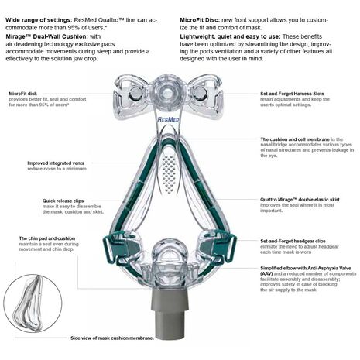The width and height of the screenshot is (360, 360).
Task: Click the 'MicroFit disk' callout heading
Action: tap(22, 94)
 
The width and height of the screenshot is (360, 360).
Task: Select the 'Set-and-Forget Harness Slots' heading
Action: tap(292, 94)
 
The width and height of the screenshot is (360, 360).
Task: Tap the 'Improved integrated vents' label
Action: tap(56, 163)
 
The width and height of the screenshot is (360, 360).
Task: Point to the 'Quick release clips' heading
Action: tap(63, 201)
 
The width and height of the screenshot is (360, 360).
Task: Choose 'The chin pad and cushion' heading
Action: tap(47, 238)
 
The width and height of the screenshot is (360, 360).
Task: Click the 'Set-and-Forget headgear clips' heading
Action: tap(293, 241)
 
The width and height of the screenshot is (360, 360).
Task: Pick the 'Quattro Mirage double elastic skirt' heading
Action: tap(300, 200)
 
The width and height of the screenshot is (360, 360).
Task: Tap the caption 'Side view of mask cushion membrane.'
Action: tap(112, 338)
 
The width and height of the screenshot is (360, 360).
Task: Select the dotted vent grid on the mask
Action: tap(169, 174)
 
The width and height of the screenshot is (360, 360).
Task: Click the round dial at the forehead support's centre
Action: tap(165, 91)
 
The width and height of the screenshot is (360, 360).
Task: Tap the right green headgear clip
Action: tap(229, 247)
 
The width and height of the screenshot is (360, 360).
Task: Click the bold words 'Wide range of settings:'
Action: tap(39, 20)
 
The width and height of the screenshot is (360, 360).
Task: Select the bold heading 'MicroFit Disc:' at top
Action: tap(200, 20)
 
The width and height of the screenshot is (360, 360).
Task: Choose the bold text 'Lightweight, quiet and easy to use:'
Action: tap(231, 36)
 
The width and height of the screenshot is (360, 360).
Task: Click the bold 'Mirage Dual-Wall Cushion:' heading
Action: tap(46, 36)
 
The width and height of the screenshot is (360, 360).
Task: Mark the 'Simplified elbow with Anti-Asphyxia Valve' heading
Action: tap(306, 271)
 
